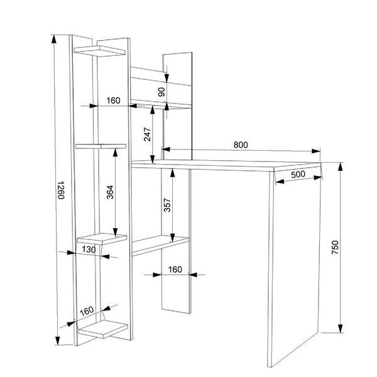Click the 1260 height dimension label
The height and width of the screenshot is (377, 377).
pyautogui.click(x=61, y=190)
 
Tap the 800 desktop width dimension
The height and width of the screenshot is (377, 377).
pyautogui.click(x=241, y=145)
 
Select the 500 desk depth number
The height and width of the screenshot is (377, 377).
pyautogui.click(x=298, y=174)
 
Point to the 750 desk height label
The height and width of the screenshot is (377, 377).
pyautogui.click(x=335, y=247)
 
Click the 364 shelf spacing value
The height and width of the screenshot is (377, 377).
pyautogui.click(x=110, y=192)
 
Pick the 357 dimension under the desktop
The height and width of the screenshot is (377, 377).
pyautogui.click(x=167, y=205)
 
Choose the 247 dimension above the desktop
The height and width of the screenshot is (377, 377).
pyautogui.click(x=147, y=134)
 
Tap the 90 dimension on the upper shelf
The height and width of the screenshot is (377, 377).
pyautogui.click(x=161, y=92)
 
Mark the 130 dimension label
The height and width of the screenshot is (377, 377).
pyautogui.click(x=89, y=249)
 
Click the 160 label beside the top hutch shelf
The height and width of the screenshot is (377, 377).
pyautogui.click(x=113, y=101)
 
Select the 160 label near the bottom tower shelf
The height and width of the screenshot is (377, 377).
pyautogui.click(x=87, y=311)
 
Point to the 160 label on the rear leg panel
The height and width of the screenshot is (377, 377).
pyautogui.click(x=175, y=270)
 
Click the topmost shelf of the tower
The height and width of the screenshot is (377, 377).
pyautogui.click(x=99, y=51)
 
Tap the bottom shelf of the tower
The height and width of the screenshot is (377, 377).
pyautogui.click(x=103, y=329)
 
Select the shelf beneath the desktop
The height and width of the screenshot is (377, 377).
pyautogui.click(x=160, y=245)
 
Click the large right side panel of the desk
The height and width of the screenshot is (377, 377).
pyautogui.click(x=295, y=265)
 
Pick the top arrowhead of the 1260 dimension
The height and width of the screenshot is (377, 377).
pyautogui.click(x=54, y=39)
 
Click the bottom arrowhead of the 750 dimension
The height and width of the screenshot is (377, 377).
pyautogui.click(x=340, y=328)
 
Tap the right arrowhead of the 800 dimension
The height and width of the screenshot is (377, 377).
pyautogui.click(x=316, y=151)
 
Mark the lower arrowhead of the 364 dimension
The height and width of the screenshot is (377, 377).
pyautogui.click(x=116, y=232)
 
